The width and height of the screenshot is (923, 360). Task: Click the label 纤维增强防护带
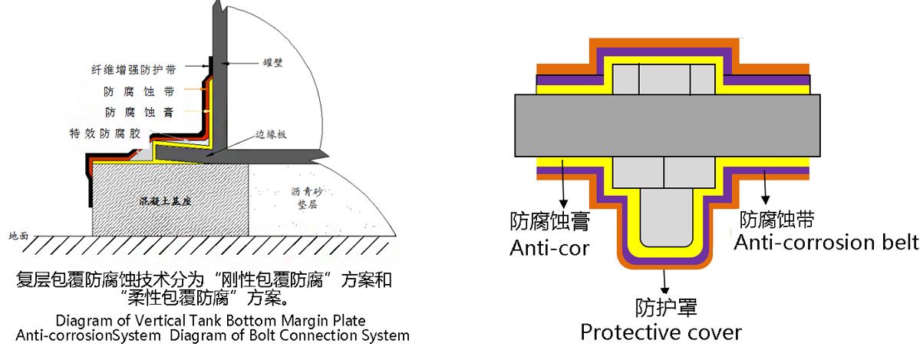coord(134,70)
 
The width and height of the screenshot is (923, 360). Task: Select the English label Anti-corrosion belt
coord(826,243)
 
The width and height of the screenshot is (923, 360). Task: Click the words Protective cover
coord(661,332)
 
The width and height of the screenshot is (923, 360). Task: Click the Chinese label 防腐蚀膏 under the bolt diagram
coord(549,222)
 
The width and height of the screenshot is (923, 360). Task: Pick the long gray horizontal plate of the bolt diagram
coord(668,124)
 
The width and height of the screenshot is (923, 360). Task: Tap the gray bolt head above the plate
coord(664,80)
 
